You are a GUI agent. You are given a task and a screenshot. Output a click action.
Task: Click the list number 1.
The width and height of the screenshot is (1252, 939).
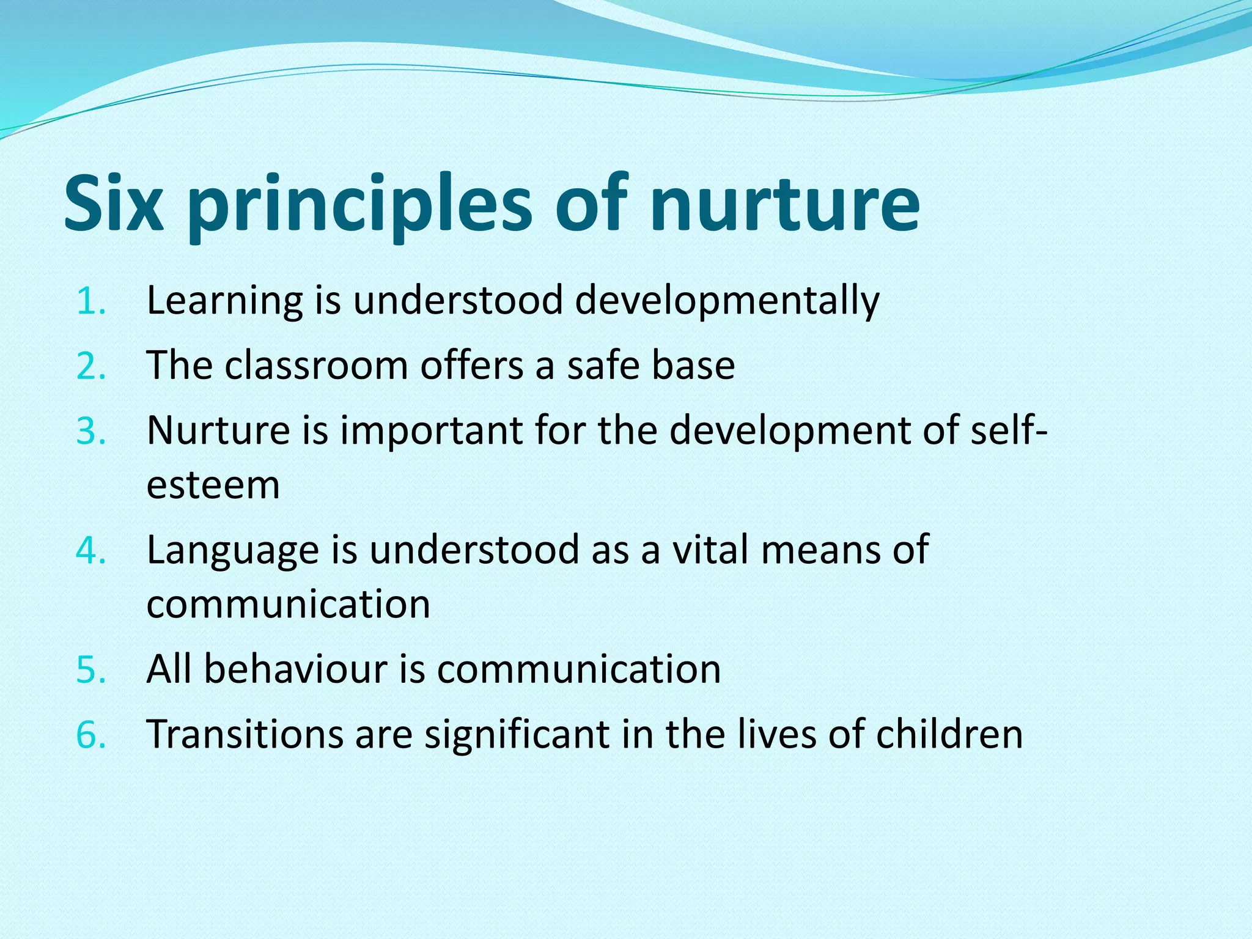pyautogui.click(x=90, y=301)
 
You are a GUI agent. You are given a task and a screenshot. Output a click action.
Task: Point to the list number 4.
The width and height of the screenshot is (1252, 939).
pyautogui.click(x=90, y=550)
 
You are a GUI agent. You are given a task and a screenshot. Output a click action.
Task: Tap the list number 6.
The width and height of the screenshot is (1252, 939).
pyautogui.click(x=90, y=734)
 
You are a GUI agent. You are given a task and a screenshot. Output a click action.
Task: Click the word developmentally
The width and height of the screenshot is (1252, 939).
pyautogui.click(x=727, y=301)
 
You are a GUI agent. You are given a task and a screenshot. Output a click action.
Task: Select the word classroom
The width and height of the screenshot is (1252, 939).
pyautogui.click(x=316, y=366)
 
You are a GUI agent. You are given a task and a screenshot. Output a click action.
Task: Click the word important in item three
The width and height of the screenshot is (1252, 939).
pyautogui.click(x=431, y=430)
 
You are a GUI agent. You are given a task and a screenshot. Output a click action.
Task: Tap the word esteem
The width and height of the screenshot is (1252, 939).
pyautogui.click(x=213, y=486)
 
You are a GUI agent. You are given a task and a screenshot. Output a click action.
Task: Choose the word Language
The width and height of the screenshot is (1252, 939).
pyautogui.click(x=233, y=550)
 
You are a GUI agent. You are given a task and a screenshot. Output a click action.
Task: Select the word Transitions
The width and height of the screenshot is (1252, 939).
pyautogui.click(x=245, y=734)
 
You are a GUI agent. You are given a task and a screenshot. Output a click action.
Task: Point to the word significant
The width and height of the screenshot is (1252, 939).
pyautogui.click(x=517, y=734)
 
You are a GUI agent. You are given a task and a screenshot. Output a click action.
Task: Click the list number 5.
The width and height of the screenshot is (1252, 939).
pyautogui.click(x=90, y=669)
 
